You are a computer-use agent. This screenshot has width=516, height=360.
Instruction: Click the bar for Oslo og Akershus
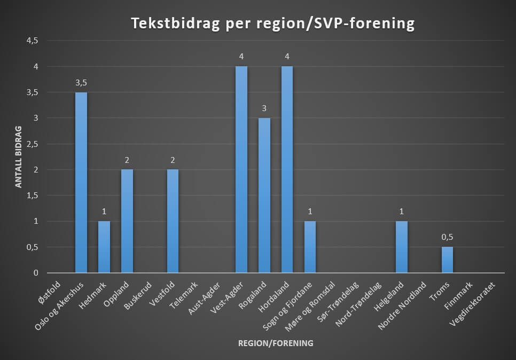pos(81,183)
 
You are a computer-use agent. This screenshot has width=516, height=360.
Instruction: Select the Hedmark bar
pos(104,247)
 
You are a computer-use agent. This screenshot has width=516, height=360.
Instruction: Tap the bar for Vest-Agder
pos(241,169)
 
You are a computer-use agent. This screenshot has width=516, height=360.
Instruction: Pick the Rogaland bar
pos(264,195)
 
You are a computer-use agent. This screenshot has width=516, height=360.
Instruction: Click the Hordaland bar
pos(287,169)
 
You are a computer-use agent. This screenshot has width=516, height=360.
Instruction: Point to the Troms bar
pos(447,260)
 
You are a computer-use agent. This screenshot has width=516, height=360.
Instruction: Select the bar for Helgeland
pos(402,247)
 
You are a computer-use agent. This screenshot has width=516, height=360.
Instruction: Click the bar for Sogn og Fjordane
pos(310,247)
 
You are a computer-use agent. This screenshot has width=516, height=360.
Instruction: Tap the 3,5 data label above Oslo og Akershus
pos(81,83)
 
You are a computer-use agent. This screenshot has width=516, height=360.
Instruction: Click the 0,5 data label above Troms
pos(447,237)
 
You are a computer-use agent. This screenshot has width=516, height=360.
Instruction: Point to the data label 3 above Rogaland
pos(264,108)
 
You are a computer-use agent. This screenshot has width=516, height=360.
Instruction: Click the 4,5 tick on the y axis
pos(33,41)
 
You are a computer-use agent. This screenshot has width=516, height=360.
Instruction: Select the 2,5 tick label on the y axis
pos(33,144)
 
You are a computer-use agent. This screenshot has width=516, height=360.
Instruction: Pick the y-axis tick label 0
pos(36,273)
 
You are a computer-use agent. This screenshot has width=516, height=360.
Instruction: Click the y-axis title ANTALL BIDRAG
pos(18,157)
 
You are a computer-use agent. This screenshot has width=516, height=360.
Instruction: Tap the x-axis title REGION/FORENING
pos(276,343)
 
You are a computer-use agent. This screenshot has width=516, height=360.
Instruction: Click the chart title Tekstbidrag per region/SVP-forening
pos(273,24)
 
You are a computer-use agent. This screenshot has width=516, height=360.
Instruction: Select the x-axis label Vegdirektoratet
pos(472,303)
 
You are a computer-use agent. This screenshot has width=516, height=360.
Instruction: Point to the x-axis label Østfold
pos(50,292)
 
